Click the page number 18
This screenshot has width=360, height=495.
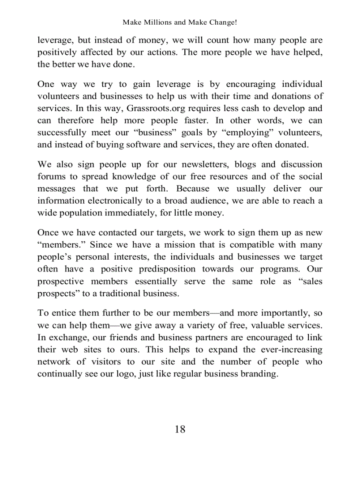pos(180,429)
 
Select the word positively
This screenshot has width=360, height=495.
pos(55,52)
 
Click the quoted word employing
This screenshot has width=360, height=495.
pos(240,133)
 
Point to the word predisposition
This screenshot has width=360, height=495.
pos(167,269)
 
